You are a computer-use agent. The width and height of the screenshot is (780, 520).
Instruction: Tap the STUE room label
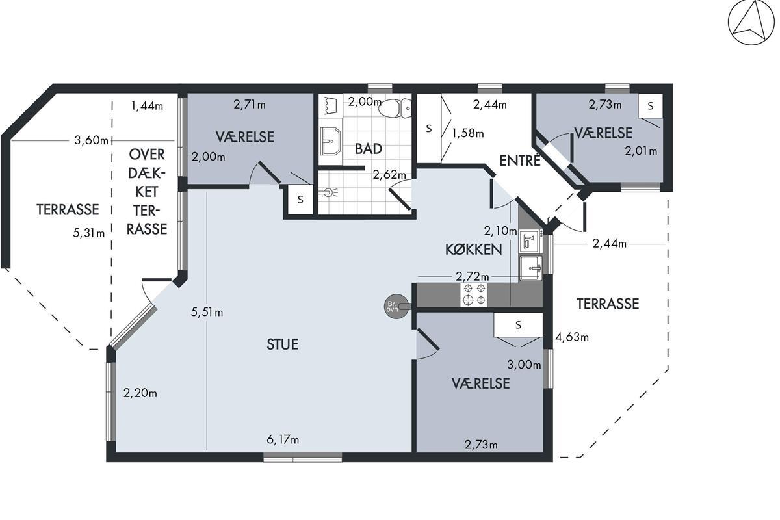click(282, 344)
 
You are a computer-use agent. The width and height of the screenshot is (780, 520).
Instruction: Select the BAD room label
click(369, 149)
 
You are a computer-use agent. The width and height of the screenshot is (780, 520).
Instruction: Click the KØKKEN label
click(474, 250)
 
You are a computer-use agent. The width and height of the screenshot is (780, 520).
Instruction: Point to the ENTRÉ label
click(519, 160)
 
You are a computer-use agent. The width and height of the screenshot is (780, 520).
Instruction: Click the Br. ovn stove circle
click(396, 306)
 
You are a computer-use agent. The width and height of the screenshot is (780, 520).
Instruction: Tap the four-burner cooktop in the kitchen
click(474, 295)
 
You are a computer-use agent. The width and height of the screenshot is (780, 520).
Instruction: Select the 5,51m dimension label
click(207, 312)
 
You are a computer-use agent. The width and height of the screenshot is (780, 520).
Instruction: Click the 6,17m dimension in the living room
click(283, 439)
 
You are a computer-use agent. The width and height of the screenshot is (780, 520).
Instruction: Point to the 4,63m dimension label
click(572, 337)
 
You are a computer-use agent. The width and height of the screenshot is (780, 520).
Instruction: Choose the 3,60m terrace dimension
click(91, 140)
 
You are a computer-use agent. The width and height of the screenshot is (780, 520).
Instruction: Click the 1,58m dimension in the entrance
click(467, 133)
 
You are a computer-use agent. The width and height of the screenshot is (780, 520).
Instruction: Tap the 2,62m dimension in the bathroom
click(389, 174)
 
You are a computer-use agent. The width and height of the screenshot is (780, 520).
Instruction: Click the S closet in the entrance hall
click(429, 128)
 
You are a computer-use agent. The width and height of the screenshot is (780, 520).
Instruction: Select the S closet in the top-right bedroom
click(650, 105)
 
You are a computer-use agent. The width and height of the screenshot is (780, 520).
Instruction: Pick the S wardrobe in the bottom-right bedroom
click(519, 324)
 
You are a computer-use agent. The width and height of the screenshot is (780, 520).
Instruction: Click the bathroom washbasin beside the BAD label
click(330, 141)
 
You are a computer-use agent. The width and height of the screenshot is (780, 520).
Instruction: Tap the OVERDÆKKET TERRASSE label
click(147, 192)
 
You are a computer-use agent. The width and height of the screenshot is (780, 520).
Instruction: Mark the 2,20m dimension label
click(140, 393)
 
